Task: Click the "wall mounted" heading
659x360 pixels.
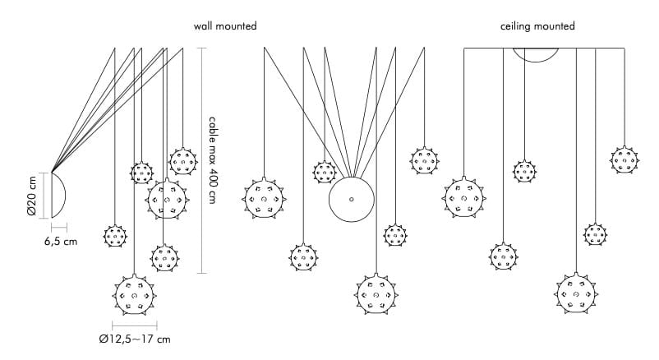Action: point(224,27)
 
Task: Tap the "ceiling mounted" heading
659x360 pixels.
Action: point(537,27)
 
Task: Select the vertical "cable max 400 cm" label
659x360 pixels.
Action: point(213,161)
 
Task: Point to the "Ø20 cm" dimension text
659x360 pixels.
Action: point(31,196)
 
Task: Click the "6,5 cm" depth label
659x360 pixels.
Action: point(60,242)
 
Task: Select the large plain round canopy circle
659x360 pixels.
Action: point(351,201)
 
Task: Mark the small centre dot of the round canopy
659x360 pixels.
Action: point(351,200)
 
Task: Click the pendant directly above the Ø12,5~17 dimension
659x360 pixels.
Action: point(133,296)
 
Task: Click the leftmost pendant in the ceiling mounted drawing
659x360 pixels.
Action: point(463,198)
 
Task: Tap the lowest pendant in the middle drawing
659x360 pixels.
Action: point(377,294)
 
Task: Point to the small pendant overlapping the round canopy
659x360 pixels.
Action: point(325,172)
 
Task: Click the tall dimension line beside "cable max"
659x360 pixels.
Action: point(202,161)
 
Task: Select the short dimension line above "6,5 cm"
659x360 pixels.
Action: point(59,225)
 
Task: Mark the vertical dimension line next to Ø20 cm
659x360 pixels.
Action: point(43,196)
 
